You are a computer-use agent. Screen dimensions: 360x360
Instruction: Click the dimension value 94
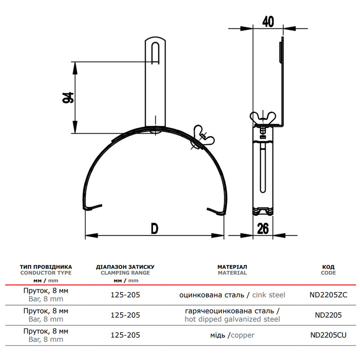tap(68, 97)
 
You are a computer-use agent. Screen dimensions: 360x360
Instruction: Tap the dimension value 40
tap(268, 21)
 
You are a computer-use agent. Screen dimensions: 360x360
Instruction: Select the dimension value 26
tap(263, 229)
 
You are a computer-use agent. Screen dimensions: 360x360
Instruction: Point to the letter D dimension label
tap(154, 229)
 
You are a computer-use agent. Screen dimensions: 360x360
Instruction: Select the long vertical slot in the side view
tap(263, 167)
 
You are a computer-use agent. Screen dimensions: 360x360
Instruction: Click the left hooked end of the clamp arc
tap(91, 207)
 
